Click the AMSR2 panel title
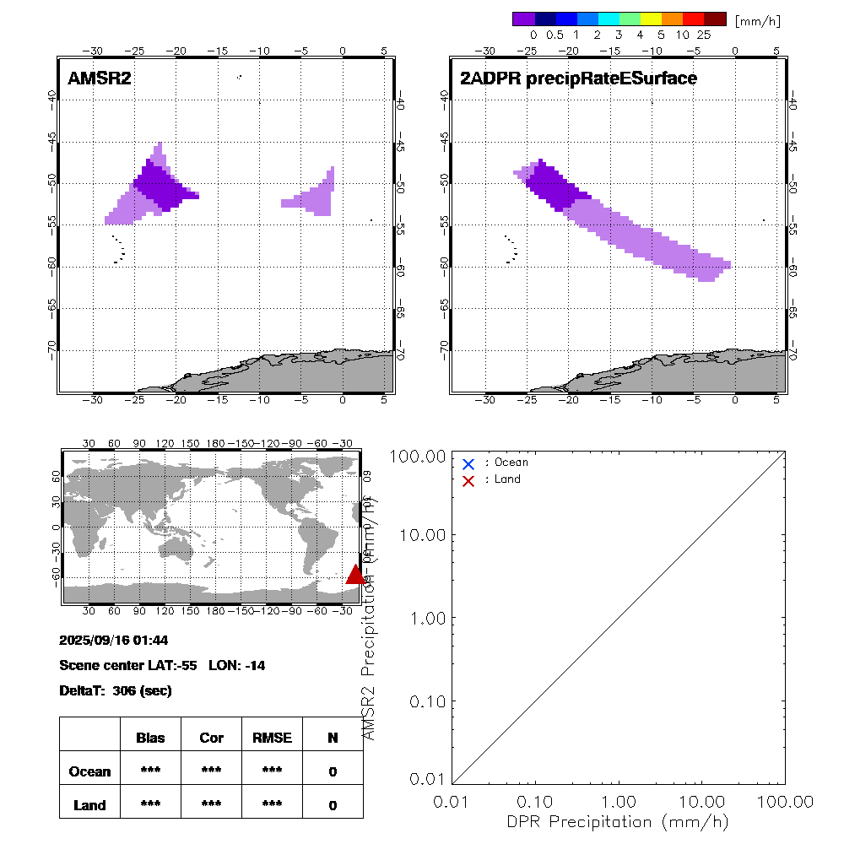coord(100,78)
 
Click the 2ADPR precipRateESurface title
coord(578,78)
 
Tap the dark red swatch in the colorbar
coord(715,19)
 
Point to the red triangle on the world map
coord(356,575)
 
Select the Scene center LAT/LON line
coord(162,665)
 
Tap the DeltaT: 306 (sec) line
coord(115,690)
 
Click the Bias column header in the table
coord(150,738)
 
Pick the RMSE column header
coord(272,738)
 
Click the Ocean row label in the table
coord(89,771)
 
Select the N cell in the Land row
coord(333,805)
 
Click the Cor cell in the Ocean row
coord(211,771)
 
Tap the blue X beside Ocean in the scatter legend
coord(469,463)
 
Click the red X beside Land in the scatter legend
coord(469,480)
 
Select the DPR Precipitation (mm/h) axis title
coord(618,821)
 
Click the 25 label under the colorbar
coord(703,35)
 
